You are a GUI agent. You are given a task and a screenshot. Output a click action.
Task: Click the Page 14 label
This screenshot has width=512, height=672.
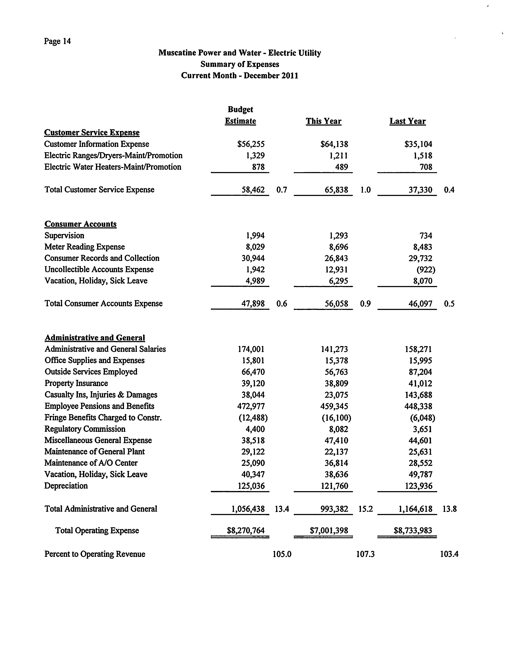(x=57, y=41)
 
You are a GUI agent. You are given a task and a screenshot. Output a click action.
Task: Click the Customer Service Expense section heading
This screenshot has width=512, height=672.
(x=92, y=133)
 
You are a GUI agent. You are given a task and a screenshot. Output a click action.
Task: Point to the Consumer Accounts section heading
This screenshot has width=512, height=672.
(x=80, y=224)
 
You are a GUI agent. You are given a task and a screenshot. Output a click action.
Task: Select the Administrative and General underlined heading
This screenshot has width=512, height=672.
(x=95, y=338)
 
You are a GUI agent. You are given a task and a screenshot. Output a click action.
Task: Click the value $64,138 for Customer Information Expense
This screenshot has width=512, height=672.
(x=334, y=144)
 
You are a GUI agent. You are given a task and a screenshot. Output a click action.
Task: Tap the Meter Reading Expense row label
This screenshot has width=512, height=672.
(x=85, y=247)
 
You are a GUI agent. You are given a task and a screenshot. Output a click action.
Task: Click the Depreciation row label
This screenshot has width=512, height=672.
(x=66, y=486)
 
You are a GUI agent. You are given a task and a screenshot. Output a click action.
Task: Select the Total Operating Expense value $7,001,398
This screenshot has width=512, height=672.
(x=329, y=531)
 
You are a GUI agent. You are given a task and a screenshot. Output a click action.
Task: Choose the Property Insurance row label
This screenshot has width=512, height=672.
(x=76, y=383)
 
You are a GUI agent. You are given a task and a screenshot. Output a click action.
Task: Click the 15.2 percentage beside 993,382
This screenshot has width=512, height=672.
(x=366, y=509)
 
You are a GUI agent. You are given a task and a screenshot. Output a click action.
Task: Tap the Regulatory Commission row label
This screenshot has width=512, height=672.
(x=85, y=429)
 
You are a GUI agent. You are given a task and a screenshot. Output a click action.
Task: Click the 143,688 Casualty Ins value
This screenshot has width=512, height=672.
(x=418, y=395)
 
